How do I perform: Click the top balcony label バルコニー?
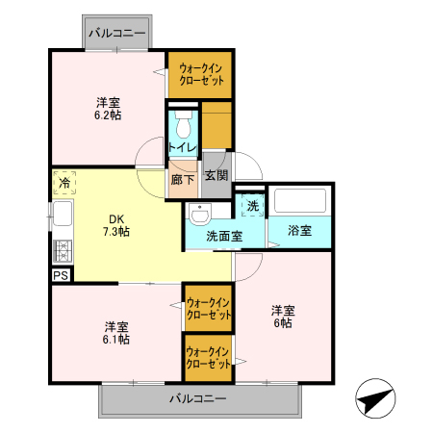(117, 34)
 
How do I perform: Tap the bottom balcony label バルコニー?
(198, 398)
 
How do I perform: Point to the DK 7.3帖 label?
(117, 225)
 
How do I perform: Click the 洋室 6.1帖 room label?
(117, 333)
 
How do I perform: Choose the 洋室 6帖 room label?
(282, 317)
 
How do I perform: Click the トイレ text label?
(182, 147)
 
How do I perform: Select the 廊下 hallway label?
(182, 178)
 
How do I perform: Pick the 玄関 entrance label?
(216, 175)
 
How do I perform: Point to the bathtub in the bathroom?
(301, 201)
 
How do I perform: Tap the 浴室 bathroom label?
(300, 231)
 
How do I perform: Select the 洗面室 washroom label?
(223, 236)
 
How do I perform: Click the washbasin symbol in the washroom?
(201, 214)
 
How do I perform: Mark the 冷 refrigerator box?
(64, 182)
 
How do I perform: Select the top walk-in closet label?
(200, 74)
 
